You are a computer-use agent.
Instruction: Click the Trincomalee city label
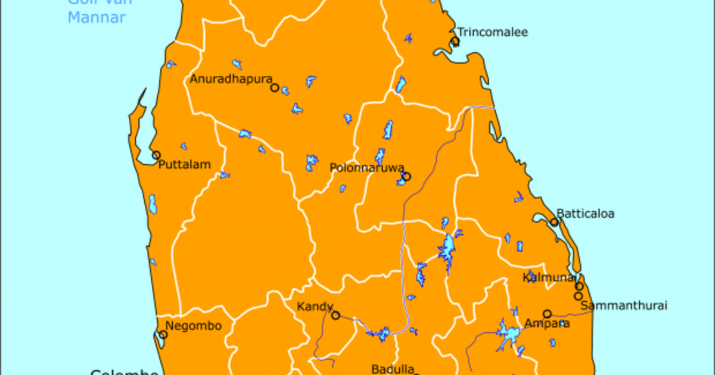click(x=492, y=33)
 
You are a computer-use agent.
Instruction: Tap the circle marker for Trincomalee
click(x=455, y=41)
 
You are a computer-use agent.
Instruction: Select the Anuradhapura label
click(x=231, y=79)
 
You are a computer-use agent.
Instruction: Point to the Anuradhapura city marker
click(x=275, y=87)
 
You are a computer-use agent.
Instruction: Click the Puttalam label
click(x=185, y=165)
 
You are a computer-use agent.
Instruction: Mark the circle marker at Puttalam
click(x=156, y=155)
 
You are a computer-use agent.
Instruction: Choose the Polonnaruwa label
click(x=367, y=168)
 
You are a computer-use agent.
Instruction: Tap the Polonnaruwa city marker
click(x=406, y=176)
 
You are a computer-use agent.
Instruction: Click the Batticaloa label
click(x=585, y=213)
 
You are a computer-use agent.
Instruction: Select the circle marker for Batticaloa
click(x=554, y=222)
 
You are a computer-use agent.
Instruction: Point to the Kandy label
click(x=315, y=307)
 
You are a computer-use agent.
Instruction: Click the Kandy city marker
click(x=336, y=315)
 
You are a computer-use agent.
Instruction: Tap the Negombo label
click(x=193, y=326)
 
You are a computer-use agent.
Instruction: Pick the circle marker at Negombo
click(x=163, y=335)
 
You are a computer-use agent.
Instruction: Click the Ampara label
click(x=546, y=324)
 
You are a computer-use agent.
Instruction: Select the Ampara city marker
click(x=547, y=314)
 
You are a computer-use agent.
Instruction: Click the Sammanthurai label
click(x=623, y=306)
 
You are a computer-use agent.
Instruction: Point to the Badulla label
click(x=392, y=369)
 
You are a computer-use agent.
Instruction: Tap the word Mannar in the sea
click(x=97, y=18)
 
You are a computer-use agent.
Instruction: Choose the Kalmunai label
click(x=548, y=277)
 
